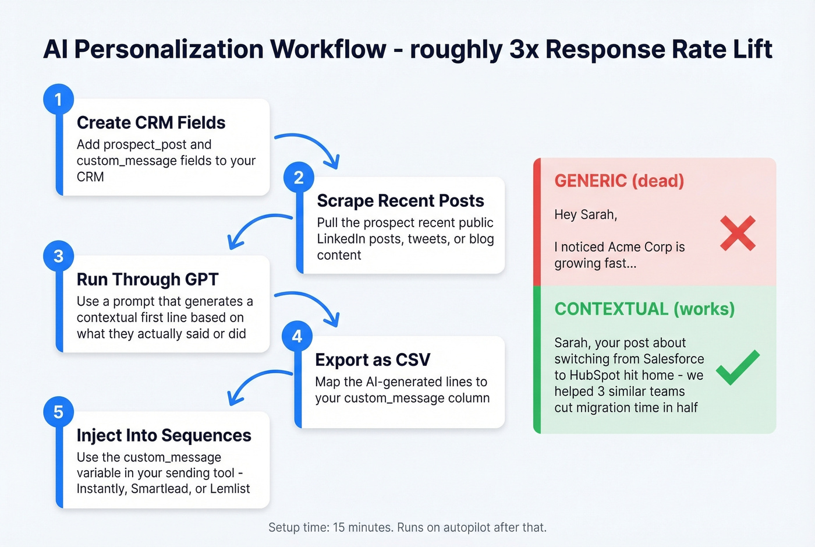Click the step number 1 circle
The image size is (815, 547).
58,99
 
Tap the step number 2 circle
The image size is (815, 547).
299,177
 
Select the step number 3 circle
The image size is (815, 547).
58,256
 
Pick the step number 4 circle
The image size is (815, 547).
297,336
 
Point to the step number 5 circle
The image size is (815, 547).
58,412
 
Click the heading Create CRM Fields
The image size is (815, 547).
151,122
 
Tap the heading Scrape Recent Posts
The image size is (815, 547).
400,200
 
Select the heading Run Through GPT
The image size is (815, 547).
147,279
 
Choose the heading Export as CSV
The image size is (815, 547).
373,359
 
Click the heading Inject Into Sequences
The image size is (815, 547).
164,435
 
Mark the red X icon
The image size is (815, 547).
738,233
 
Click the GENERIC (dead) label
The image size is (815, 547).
619,181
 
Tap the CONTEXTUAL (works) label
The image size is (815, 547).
644,309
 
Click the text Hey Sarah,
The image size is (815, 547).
585,214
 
